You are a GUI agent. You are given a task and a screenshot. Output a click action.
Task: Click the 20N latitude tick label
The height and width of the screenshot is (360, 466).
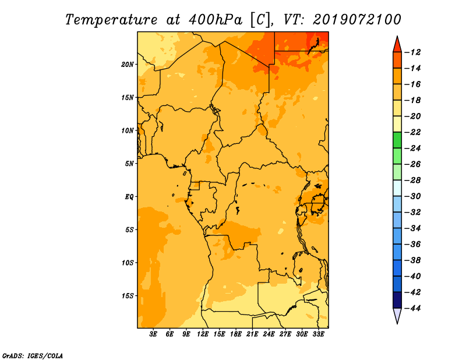pos(128,65)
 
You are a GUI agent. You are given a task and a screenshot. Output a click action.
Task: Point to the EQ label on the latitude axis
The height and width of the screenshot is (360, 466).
pos(129,197)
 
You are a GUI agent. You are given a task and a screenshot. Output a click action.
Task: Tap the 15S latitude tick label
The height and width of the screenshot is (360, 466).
pos(128,296)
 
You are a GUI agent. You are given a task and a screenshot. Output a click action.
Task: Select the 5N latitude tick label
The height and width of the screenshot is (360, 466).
pos(129,164)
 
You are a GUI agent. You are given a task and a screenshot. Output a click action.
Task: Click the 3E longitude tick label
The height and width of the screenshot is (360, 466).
pos(153,334)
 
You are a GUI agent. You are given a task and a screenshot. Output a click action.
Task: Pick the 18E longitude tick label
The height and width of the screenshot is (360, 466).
pos(236,334)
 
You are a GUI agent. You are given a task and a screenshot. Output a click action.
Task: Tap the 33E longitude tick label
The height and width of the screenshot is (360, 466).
pos(318,334)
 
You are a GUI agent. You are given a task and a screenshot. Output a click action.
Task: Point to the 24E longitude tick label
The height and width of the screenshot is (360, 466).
pos(269,334)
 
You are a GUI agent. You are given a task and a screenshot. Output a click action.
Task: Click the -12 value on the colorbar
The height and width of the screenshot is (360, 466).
pos(413,52)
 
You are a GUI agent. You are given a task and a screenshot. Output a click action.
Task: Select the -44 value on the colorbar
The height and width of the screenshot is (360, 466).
pos(413,308)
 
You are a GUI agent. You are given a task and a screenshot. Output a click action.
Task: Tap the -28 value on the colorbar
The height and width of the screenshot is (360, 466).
pos(413,181)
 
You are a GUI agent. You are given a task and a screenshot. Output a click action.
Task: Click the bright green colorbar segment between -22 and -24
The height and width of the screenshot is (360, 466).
pos(397,140)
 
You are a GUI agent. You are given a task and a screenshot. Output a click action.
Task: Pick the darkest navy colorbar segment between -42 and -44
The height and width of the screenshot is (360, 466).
pos(397,300)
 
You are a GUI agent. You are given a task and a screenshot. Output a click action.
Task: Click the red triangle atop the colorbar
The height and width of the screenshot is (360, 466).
pos(397,45)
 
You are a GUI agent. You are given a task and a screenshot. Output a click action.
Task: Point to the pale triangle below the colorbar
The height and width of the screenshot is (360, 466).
pos(397,315)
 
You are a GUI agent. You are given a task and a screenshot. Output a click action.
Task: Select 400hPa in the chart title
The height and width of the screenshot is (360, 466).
pos(215,20)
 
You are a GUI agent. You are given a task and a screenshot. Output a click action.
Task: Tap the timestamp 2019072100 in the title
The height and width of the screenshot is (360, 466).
pos(356,20)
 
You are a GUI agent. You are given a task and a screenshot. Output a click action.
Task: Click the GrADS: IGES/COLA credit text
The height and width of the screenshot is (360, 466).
pos(33,356)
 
